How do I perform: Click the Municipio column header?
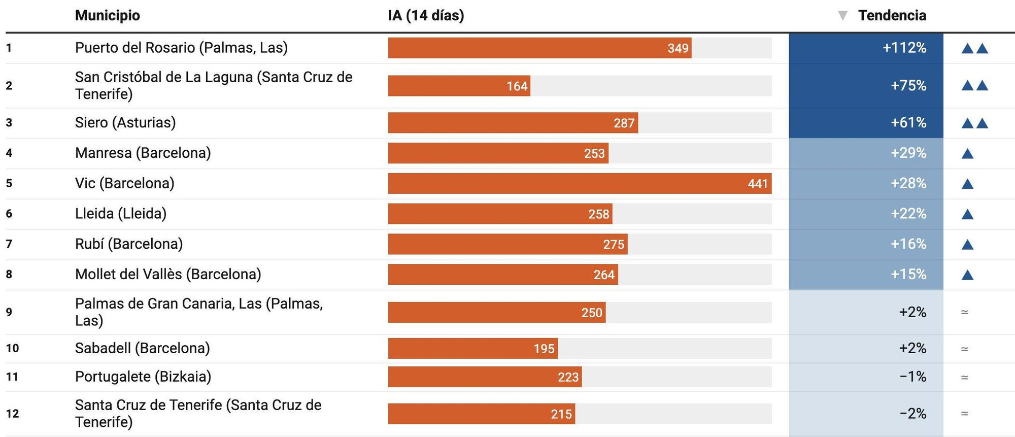(107, 16)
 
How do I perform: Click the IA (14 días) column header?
(426, 16)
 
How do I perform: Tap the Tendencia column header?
(892, 16)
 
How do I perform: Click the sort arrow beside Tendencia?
(842, 16)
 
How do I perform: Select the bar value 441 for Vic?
(757, 184)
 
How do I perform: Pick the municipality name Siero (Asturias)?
(125, 122)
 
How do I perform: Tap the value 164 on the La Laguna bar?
(517, 86)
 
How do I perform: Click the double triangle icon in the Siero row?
(974, 123)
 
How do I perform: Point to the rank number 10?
(12, 348)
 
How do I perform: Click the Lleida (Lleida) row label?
(121, 214)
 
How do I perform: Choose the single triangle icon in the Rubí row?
(967, 245)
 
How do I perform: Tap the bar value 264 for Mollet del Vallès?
(604, 275)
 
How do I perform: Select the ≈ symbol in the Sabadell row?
(964, 349)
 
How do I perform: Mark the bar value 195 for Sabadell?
(544, 349)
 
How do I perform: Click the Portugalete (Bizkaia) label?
(143, 377)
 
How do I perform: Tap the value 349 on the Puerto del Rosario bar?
(678, 48)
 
